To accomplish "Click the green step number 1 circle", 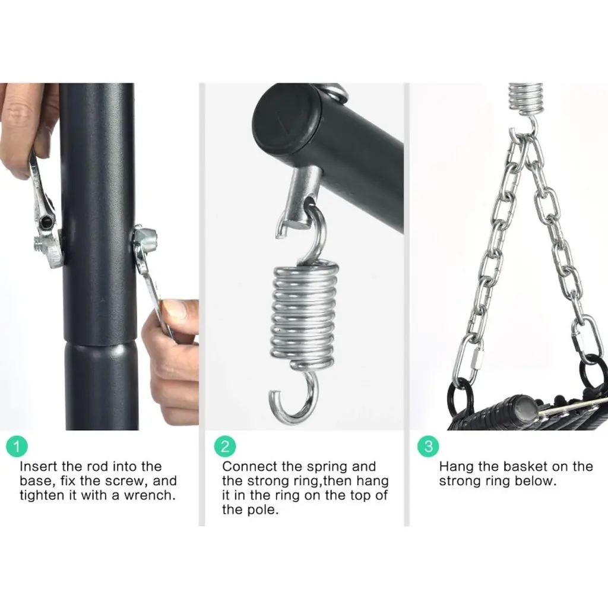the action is [x=17, y=446].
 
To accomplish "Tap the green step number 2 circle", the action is [x=225, y=446].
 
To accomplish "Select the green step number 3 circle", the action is [x=428, y=446].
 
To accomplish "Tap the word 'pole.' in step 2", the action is [x=251, y=509].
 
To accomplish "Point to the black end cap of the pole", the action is [x=285, y=118].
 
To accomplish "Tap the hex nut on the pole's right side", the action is [x=144, y=235].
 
